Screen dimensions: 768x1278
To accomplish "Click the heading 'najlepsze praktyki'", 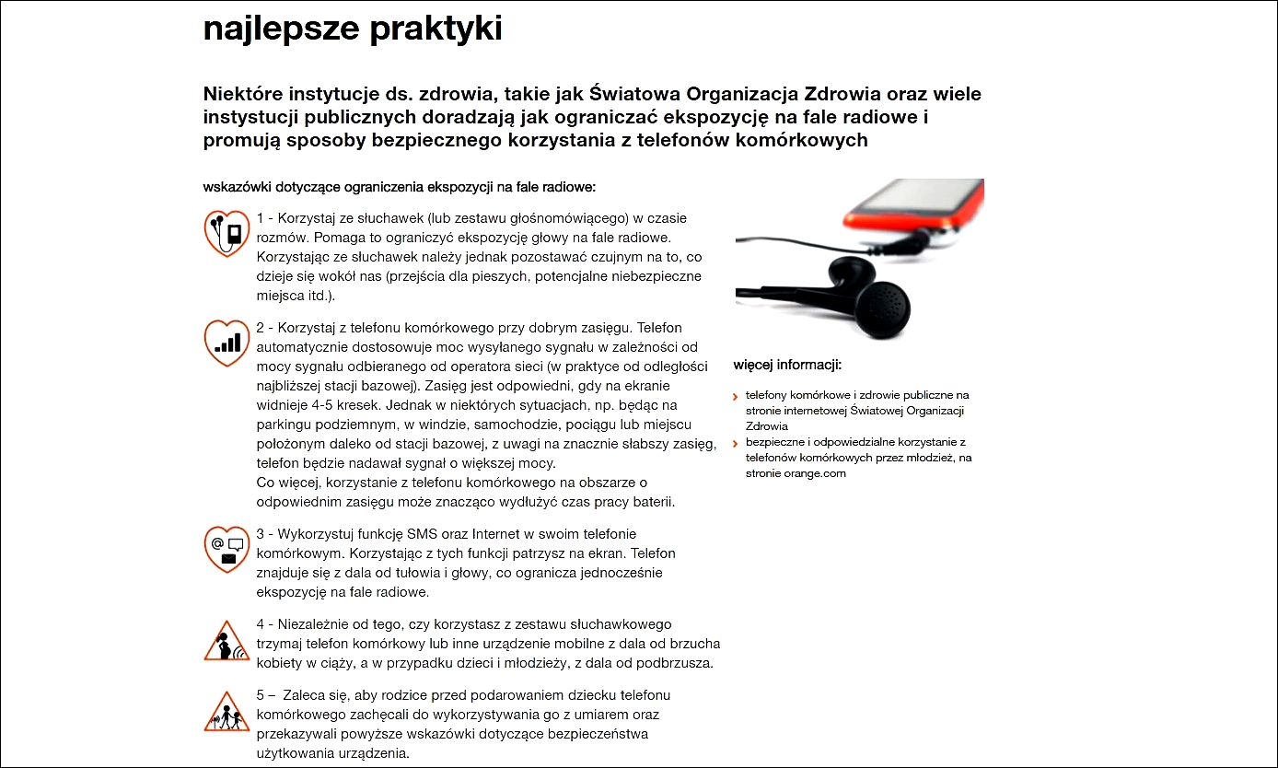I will tap(353, 29).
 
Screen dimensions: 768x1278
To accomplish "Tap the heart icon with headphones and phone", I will tap(227, 232).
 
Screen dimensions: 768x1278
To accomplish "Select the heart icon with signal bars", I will tap(227, 343).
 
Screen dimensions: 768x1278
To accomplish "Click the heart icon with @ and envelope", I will tap(227, 549).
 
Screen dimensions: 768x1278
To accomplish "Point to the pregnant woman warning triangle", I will tap(227, 641).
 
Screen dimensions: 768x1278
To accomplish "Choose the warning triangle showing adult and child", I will tap(227, 711).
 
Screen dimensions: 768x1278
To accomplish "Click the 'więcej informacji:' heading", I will tap(787, 365).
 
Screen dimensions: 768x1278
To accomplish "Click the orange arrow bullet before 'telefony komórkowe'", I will tap(735, 397).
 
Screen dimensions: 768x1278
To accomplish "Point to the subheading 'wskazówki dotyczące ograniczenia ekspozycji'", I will tap(400, 187).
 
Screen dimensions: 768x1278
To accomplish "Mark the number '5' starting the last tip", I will tap(261, 695).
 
